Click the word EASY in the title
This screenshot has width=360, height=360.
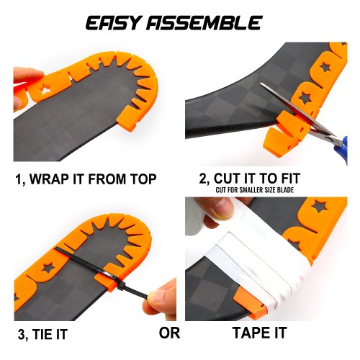(x=113, y=23)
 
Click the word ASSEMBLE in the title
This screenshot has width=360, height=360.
(x=204, y=23)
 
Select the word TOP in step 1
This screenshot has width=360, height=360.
(x=143, y=179)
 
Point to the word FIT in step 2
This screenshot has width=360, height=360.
(x=290, y=179)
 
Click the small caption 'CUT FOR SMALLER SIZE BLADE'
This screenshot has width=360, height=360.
(x=254, y=190)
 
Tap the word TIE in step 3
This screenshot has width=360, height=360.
(x=42, y=334)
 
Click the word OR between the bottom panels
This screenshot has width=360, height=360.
(x=169, y=333)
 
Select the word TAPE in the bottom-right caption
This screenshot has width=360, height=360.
(x=250, y=333)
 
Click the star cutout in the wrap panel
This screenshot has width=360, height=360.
(x=45, y=90)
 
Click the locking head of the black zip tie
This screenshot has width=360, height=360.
(x=121, y=286)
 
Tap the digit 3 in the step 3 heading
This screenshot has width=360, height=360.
(x=22, y=335)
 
